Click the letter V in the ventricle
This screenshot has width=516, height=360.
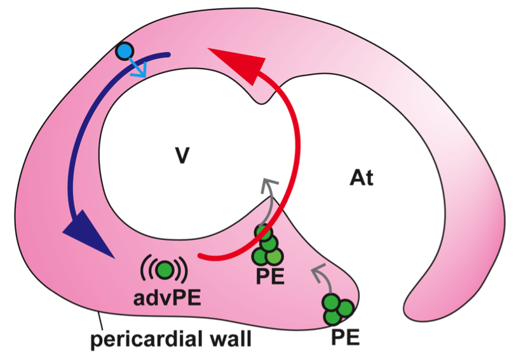tap(182, 155)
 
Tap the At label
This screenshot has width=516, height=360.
tap(361, 178)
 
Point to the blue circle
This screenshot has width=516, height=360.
tap(125, 51)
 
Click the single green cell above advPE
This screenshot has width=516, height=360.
tap(165, 270)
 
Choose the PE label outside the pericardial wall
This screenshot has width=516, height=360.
tap(345, 337)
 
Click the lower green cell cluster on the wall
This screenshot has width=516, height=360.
tap(337, 309)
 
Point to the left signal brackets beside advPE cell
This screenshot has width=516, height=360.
tap(145, 270)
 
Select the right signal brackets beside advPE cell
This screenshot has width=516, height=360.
tap(184, 270)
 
